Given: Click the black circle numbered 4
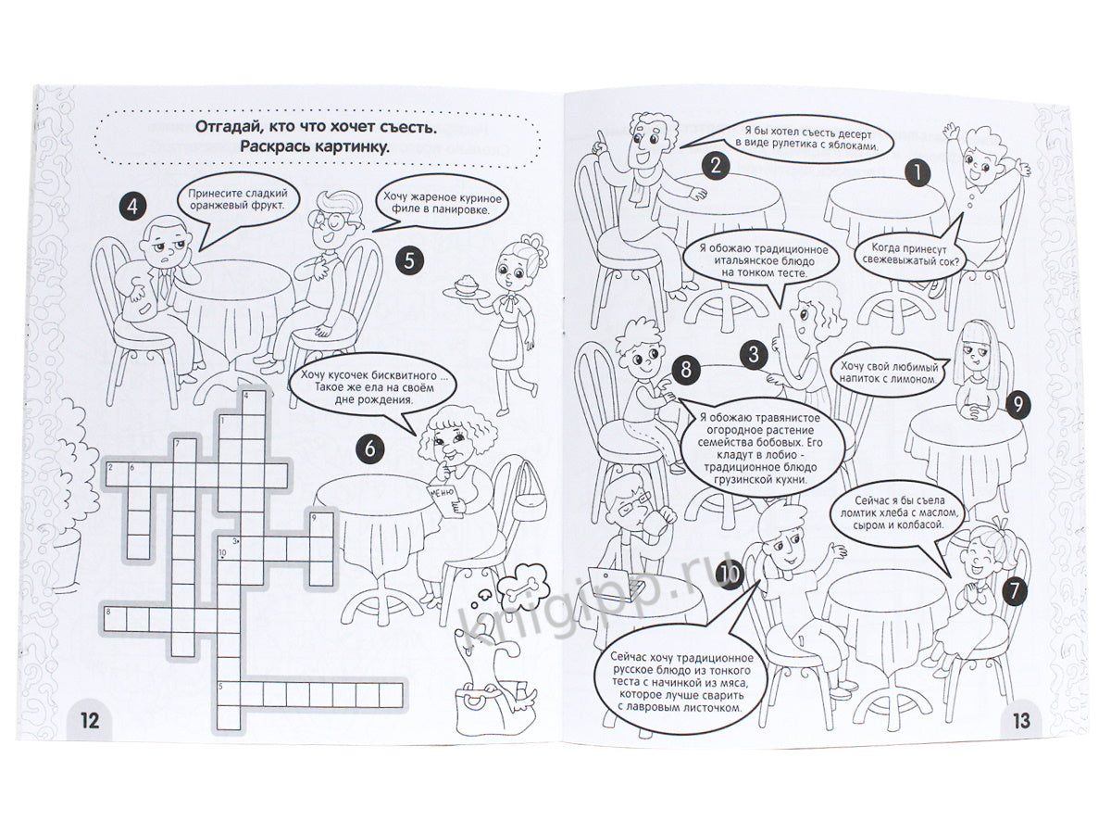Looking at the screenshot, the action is click(132, 207).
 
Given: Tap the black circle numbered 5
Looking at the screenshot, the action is click(409, 260).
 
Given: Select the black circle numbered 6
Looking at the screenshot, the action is click(370, 449).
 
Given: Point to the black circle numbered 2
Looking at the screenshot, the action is click(715, 166).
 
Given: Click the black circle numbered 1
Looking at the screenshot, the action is click(918, 173).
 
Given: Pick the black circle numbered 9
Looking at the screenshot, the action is click(1017, 405).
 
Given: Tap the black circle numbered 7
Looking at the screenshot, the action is click(1014, 592).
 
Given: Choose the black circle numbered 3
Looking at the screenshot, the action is click(754, 355).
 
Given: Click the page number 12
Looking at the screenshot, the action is click(90, 720).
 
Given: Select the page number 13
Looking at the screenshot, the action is click(1021, 720).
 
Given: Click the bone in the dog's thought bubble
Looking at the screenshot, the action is click(522, 588).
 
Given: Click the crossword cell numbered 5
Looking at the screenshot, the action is click(229, 694).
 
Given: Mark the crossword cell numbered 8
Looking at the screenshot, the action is click(115, 619).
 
